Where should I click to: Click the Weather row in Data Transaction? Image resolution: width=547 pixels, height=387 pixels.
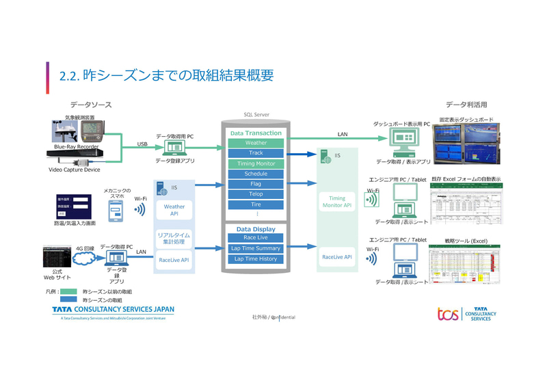coord(256,143)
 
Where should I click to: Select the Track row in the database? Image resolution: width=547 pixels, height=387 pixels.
coord(256,153)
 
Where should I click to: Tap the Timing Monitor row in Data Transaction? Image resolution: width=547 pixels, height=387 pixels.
coord(256,164)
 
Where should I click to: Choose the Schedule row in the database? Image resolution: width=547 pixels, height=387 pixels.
coord(256,174)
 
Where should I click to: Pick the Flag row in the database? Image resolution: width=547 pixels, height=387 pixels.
coord(256,184)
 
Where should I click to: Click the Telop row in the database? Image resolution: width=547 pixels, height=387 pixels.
coord(256,194)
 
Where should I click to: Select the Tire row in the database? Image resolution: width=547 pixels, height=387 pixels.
coord(256,204)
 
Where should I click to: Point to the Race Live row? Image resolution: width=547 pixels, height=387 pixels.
coord(256,237)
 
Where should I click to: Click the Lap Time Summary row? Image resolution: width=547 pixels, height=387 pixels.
coord(256,248)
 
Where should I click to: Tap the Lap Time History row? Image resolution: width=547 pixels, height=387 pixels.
coord(256,259)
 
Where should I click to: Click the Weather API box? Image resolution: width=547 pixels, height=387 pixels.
coord(174,209)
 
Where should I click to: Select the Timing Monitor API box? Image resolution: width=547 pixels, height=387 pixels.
coord(336,201)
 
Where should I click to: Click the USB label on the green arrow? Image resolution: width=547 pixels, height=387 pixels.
coord(142,144)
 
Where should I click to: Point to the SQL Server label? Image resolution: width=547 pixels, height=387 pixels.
coord(256,115)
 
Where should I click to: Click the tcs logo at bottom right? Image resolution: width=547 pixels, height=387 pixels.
coord(448,314)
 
